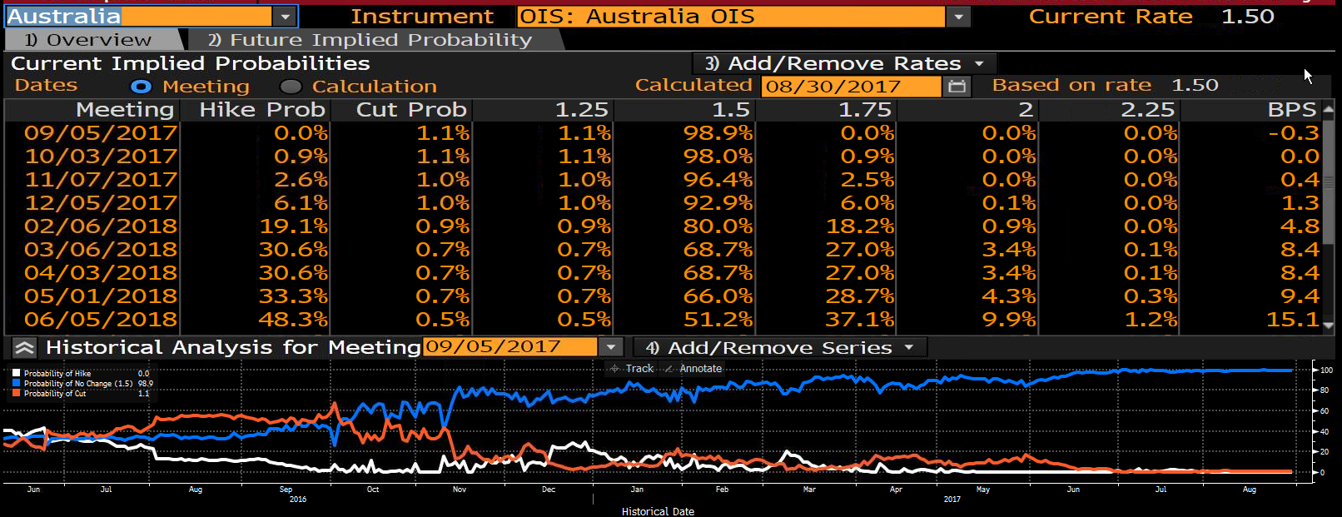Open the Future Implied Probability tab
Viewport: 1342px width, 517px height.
click(370, 40)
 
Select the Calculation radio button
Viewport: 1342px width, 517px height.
click(291, 87)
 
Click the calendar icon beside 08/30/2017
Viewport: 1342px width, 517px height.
click(957, 87)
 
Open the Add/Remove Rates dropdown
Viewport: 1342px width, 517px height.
click(844, 63)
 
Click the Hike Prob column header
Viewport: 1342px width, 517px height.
click(262, 110)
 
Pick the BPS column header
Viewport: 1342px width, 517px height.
click(1292, 110)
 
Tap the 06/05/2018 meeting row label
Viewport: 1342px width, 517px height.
click(101, 320)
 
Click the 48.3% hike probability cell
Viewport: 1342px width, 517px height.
click(293, 320)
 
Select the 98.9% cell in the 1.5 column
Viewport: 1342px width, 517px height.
click(718, 133)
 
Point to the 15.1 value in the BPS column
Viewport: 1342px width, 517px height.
click(1292, 320)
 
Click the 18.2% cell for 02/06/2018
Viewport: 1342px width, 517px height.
click(860, 226)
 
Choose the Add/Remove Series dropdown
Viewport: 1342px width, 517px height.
click(779, 347)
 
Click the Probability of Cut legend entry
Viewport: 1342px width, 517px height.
click(55, 394)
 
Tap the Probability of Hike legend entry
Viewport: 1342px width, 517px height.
click(57, 373)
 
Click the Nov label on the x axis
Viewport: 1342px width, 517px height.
click(460, 490)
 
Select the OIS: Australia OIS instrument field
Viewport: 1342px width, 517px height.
click(731, 17)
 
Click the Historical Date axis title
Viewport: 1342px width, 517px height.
click(658, 512)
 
